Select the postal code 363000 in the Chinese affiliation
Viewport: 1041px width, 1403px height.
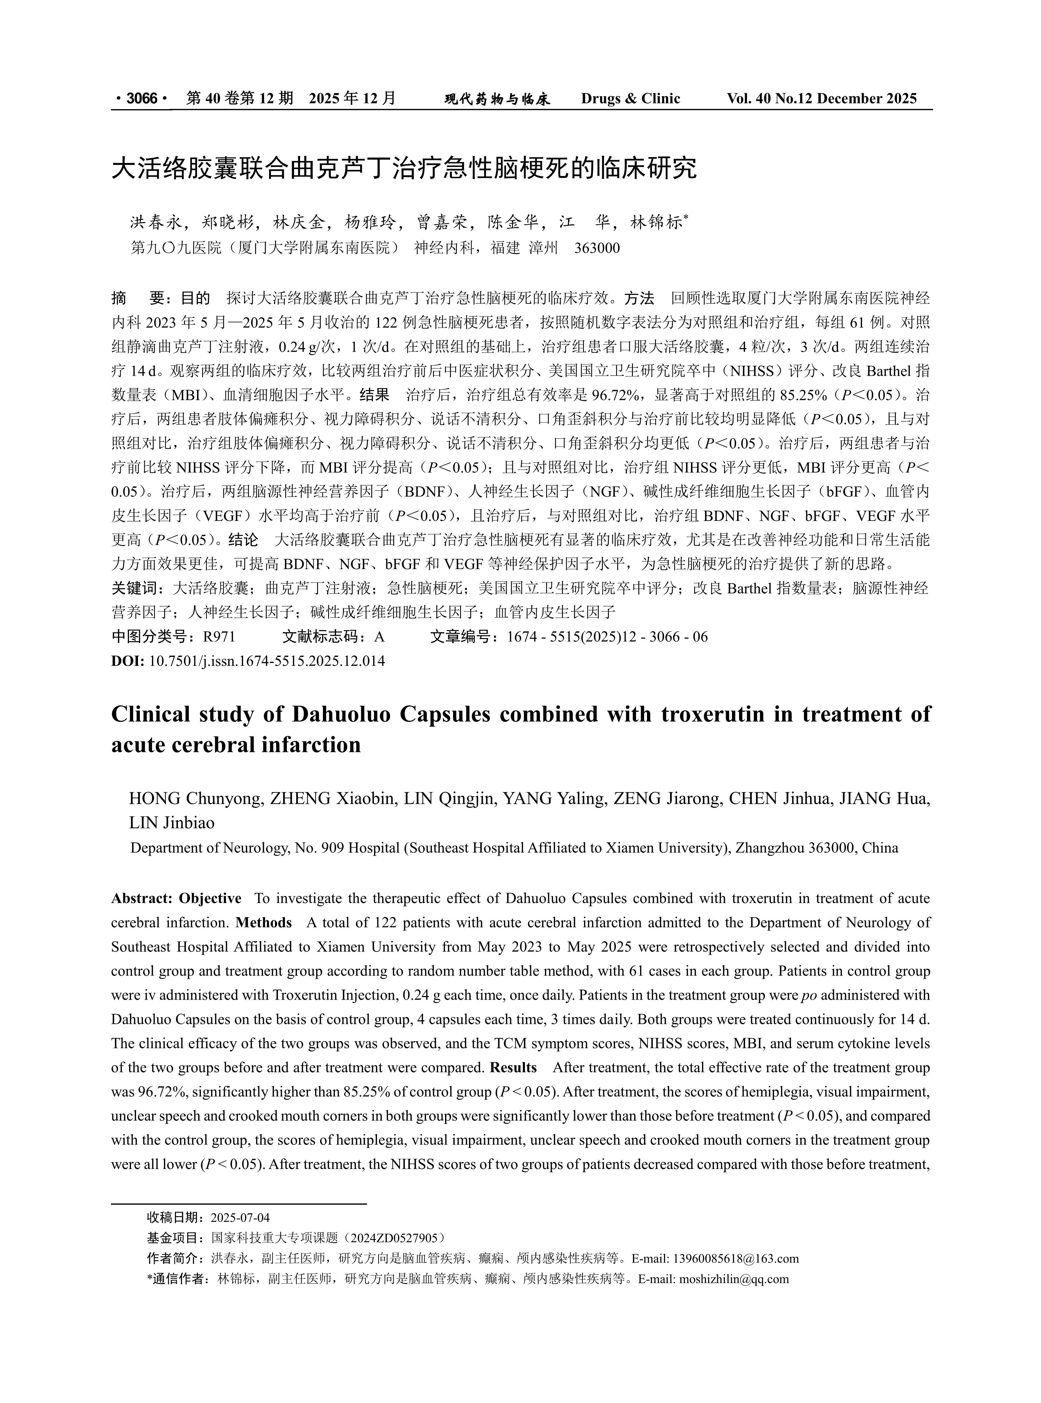point(597,248)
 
